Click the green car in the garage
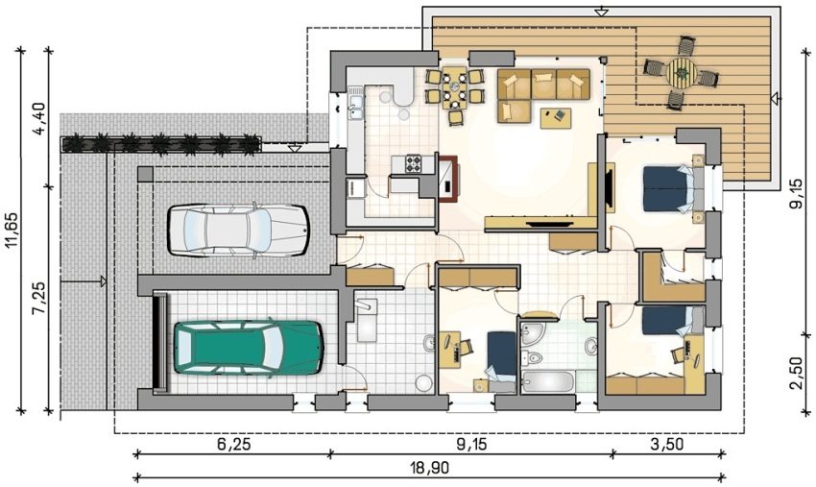(x=249, y=348)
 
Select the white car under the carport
(x=238, y=230)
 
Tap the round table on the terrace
(x=682, y=73)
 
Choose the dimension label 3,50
(x=667, y=445)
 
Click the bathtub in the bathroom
(x=549, y=380)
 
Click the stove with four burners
(x=413, y=163)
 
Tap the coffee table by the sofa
(x=556, y=117)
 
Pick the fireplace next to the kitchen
(x=448, y=178)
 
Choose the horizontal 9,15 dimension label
(x=472, y=445)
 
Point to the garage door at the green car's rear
(x=159, y=342)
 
